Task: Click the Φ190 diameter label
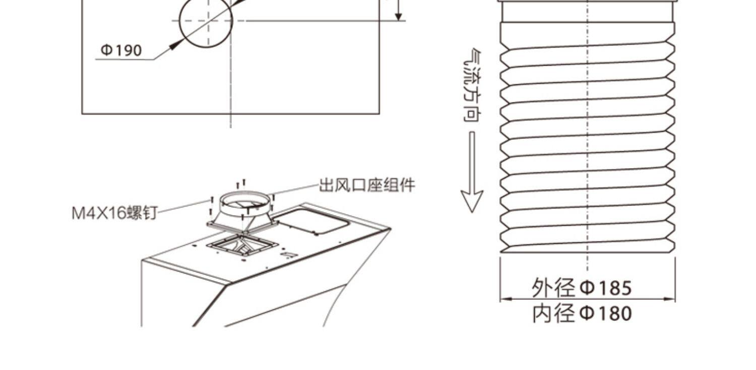point(121,50)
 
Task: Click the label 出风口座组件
point(367,185)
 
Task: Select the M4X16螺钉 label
point(114,213)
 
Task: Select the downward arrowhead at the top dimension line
point(399,16)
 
